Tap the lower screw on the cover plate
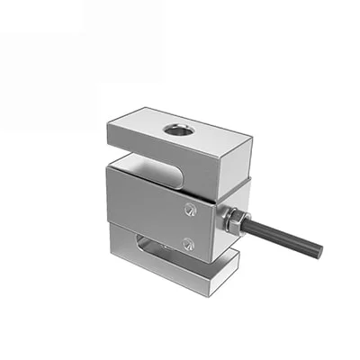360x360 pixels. coord(188,243)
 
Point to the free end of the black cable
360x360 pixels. coord(317,251)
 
